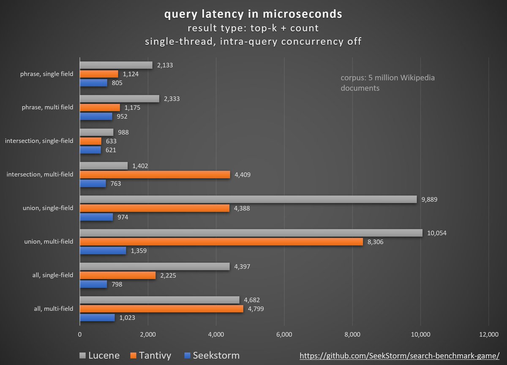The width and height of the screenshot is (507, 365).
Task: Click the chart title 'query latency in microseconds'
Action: tap(253, 14)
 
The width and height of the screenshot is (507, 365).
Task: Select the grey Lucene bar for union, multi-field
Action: tap(251, 233)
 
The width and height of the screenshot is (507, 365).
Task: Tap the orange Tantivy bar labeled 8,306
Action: tap(221, 242)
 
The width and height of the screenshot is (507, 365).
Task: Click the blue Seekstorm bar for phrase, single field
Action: tap(93, 83)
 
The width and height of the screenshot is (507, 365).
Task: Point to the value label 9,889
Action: tap(429, 199)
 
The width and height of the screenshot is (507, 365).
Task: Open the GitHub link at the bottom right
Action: tap(400, 356)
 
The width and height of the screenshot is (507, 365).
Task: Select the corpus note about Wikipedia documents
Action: tap(387, 83)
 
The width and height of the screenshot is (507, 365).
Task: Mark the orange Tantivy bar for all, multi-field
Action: tap(161, 309)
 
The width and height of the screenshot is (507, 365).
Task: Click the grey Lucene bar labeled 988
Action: tap(96, 132)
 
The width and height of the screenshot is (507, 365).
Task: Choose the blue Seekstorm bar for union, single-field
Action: tap(96, 217)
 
